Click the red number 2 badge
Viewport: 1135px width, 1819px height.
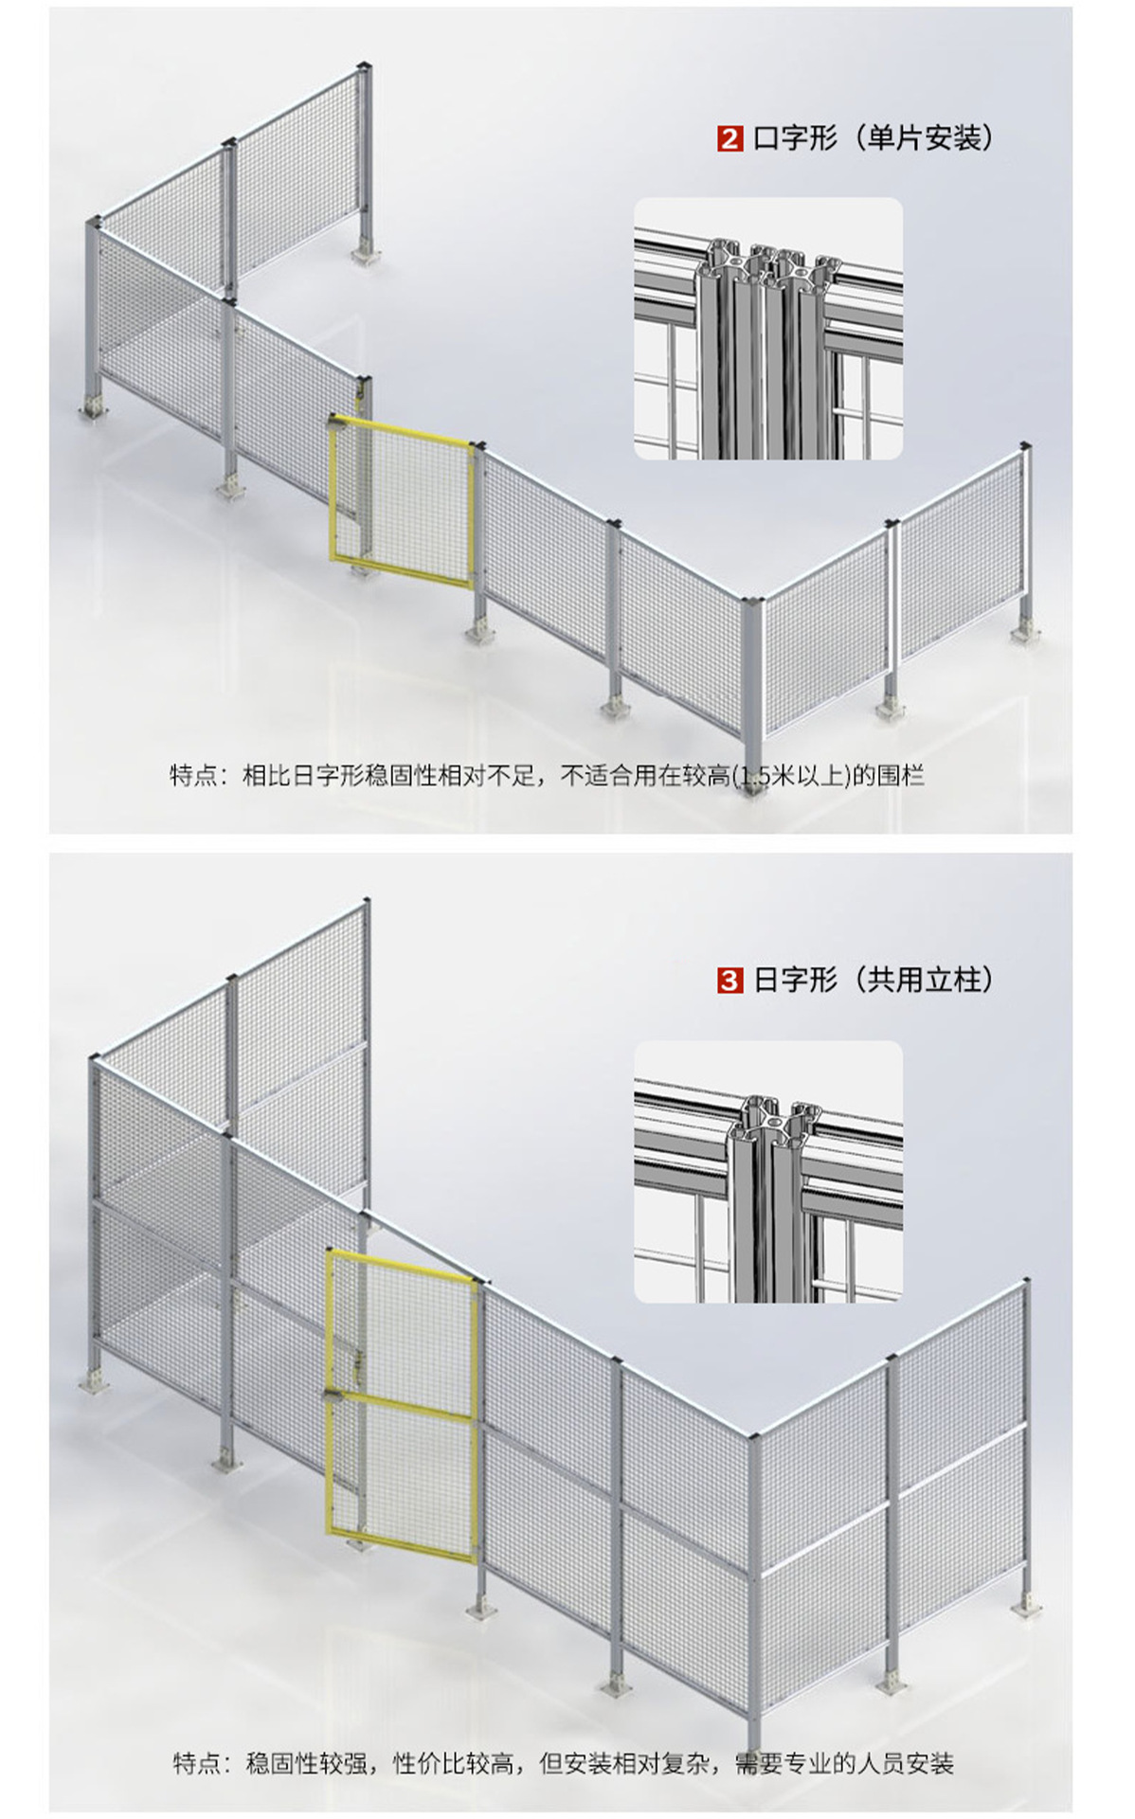pyautogui.click(x=730, y=139)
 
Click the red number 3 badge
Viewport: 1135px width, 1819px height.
pyautogui.click(x=730, y=981)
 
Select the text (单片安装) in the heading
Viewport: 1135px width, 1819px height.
pyautogui.click(x=924, y=139)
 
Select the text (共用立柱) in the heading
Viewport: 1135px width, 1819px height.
pyautogui.click(x=924, y=981)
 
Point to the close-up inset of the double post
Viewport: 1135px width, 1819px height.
pyautogui.click(x=767, y=329)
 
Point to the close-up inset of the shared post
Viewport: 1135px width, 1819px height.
pyautogui.click(x=767, y=1171)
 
